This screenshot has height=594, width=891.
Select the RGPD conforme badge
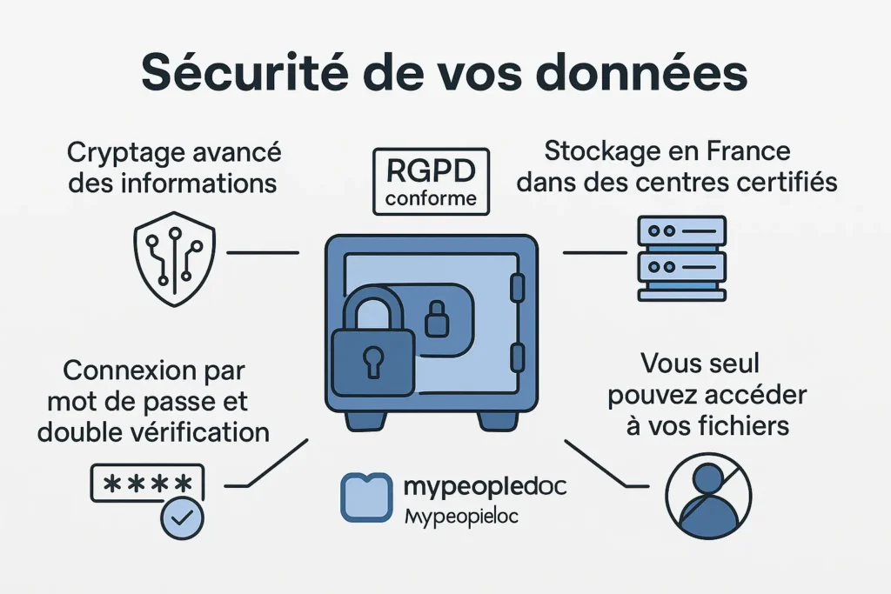[x=431, y=180]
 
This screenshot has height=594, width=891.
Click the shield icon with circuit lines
[x=174, y=260]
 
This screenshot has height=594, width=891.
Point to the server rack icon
[x=681, y=258]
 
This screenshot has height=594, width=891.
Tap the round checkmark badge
[x=182, y=518]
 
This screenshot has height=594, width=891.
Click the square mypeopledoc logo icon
[x=365, y=497]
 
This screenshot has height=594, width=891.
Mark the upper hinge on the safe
[x=517, y=286]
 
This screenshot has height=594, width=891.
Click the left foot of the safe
[x=365, y=420]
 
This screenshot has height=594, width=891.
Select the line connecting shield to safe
[x=262, y=253]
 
